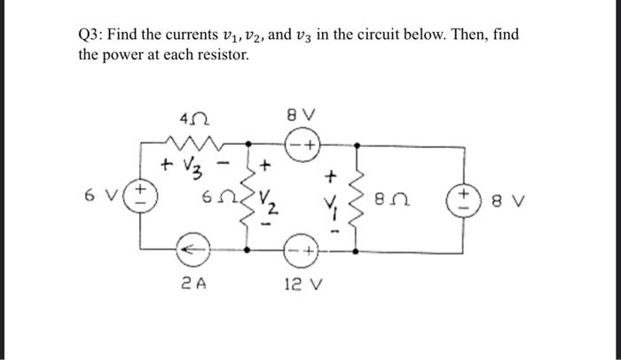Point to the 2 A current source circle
pyautogui.click(x=195, y=251)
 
